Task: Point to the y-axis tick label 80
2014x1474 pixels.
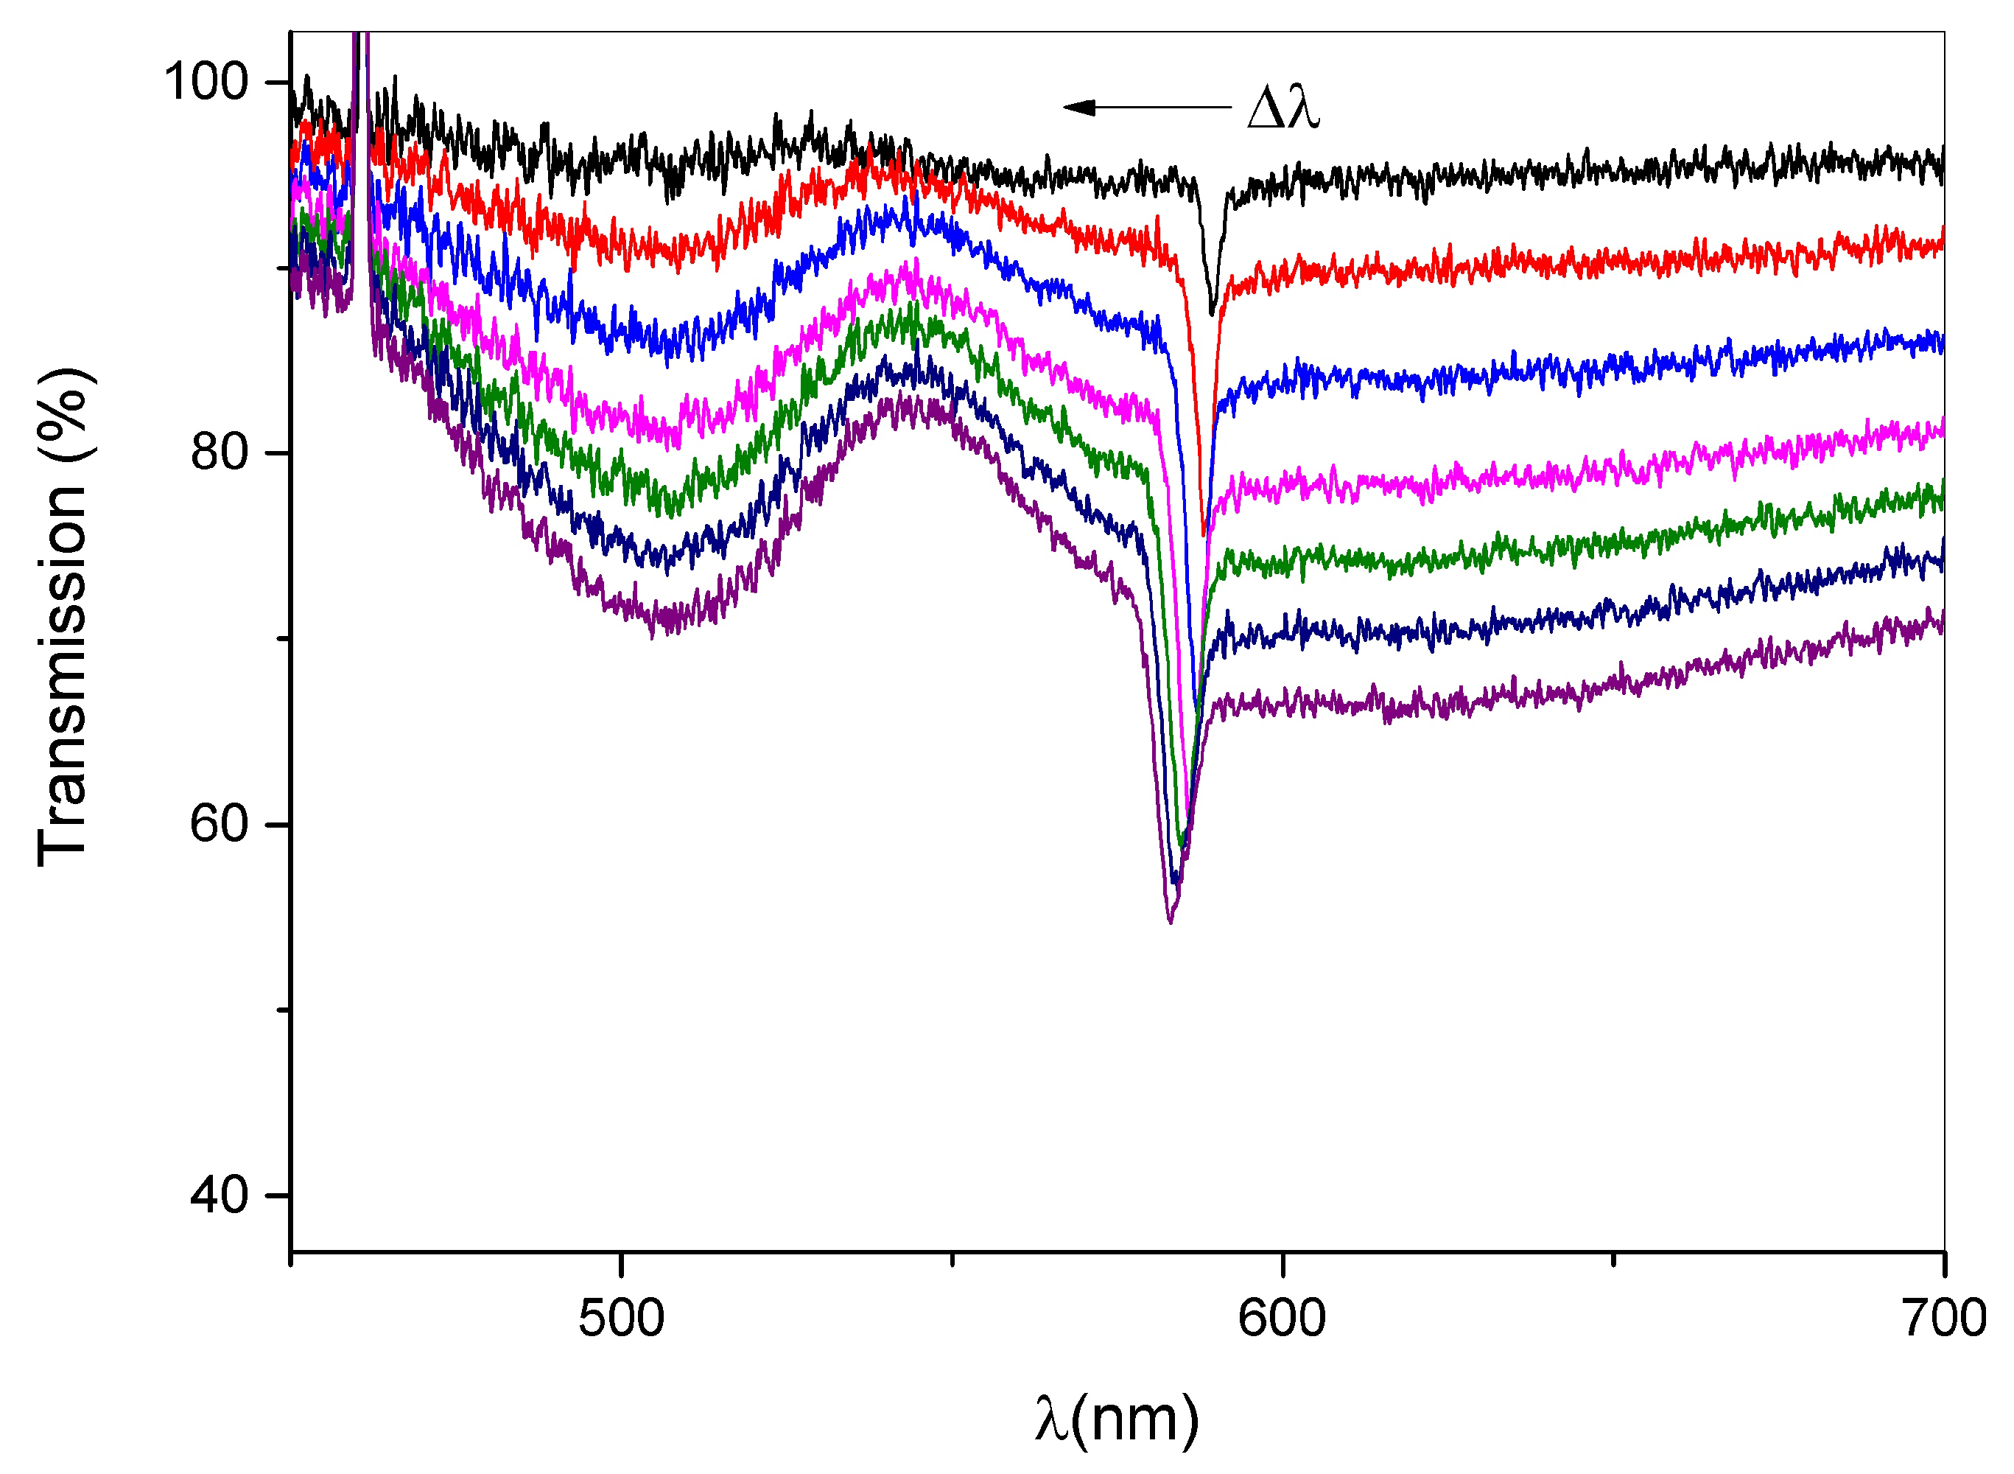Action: pos(219,453)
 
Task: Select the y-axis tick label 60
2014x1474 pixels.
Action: pos(219,822)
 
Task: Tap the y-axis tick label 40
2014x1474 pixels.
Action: pos(219,1194)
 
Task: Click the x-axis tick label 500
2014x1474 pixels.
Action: pos(621,1318)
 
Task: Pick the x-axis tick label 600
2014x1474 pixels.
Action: pos(1282,1318)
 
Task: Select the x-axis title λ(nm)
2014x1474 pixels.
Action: pos(1117,1419)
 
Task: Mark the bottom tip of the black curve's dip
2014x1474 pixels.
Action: pos(1211,313)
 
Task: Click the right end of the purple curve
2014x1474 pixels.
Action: pos(1943,622)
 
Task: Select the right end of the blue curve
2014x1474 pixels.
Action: pos(1943,343)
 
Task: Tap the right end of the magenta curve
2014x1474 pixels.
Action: pos(1943,429)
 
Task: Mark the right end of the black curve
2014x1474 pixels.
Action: pos(1943,166)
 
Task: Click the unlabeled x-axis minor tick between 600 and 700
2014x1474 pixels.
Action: pos(1613,1259)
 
